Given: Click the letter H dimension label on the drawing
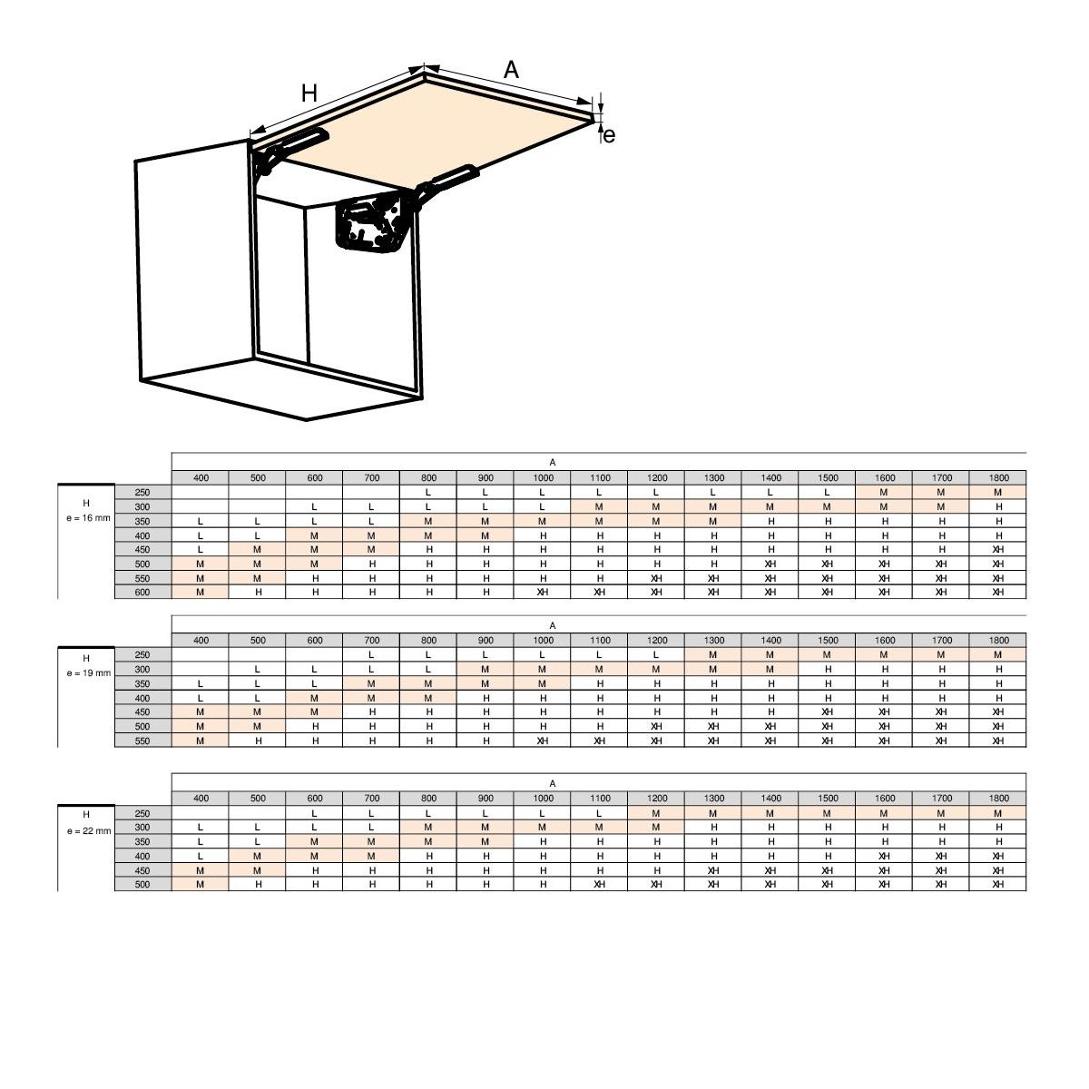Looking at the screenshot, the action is (x=309, y=93).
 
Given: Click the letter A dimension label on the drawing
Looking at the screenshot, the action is (x=511, y=70).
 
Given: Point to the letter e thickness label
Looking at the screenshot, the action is (x=609, y=135).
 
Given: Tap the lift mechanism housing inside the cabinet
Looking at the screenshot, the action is (x=370, y=221).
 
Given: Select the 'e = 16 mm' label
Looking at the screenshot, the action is (x=88, y=517).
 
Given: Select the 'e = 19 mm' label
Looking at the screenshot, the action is (x=88, y=673).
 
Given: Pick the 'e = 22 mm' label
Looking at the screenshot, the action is (x=88, y=830).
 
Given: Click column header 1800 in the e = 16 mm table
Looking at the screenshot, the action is (x=998, y=477).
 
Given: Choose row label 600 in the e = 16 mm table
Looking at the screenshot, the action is (x=143, y=592).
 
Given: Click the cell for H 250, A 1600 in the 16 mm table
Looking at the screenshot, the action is (x=884, y=492).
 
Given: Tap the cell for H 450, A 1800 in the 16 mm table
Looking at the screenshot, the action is (x=998, y=549).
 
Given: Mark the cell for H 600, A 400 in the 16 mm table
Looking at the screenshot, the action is (x=200, y=592).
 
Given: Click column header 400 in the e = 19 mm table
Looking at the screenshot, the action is (x=201, y=641).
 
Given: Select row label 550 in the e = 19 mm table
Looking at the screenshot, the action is (x=143, y=741).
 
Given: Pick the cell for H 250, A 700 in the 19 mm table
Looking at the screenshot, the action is (x=371, y=655).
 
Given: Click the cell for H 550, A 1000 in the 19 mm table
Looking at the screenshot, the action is (x=543, y=741).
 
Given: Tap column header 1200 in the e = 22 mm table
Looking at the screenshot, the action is (x=656, y=798).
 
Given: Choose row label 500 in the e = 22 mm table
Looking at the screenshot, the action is (x=143, y=885).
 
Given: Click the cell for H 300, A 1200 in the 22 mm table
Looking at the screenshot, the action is (x=656, y=828).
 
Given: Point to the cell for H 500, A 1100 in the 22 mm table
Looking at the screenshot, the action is (x=599, y=885).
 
